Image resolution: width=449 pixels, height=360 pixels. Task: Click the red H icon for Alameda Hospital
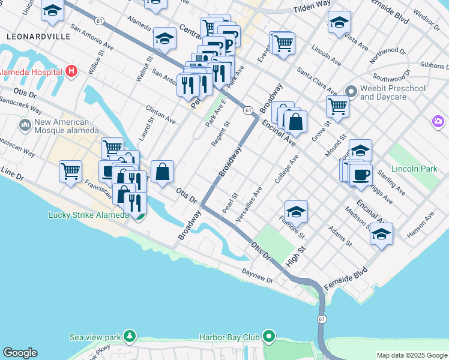pyautogui.click(x=72, y=71)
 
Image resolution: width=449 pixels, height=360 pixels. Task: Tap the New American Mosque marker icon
pyautogui.click(x=25, y=125)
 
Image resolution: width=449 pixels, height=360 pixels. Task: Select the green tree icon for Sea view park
pyautogui.click(x=129, y=337)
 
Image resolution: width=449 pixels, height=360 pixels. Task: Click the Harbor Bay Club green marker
pyautogui.click(x=270, y=337)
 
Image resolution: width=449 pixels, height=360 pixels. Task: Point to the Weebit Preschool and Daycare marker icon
pyautogui.click(x=351, y=92)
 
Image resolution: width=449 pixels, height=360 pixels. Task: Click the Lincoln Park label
pyautogui.click(x=414, y=169)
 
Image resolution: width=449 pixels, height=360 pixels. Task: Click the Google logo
pyautogui.click(x=20, y=353)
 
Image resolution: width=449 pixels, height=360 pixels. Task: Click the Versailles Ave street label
pyautogui.click(x=249, y=205)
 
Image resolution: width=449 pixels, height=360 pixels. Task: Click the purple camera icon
pyautogui.click(x=438, y=122)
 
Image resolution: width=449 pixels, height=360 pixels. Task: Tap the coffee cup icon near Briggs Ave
pyautogui.click(x=361, y=175)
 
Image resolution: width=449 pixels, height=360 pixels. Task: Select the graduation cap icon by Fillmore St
pyautogui.click(x=296, y=211)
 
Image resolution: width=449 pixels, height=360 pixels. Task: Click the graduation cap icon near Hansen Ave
pyautogui.click(x=381, y=233)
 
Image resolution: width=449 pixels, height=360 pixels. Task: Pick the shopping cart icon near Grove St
pyautogui.click(x=338, y=106)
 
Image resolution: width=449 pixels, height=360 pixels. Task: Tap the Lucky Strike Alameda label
pyautogui.click(x=88, y=215)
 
